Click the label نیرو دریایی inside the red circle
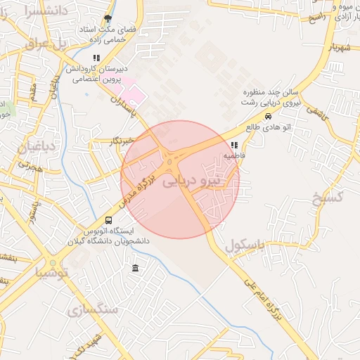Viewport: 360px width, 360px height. [191, 181]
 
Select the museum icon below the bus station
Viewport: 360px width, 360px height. [135, 268]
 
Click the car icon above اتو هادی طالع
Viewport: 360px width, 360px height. [268, 116]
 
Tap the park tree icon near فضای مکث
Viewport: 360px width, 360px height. [108, 19]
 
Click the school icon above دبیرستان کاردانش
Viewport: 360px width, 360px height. [96, 58]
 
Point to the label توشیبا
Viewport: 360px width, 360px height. [50, 272]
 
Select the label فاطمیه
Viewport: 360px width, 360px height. [234, 155]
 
